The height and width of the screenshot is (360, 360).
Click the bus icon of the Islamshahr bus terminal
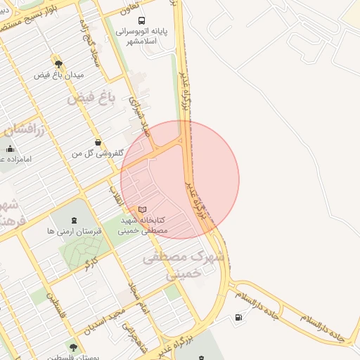point(143,21)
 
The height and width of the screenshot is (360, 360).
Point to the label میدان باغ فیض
point(58,75)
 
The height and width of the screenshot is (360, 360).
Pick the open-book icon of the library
point(143,210)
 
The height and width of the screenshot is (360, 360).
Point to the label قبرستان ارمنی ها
point(75,231)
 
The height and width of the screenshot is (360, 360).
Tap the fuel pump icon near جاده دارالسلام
point(240,318)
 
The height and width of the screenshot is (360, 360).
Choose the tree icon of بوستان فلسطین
point(73,347)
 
